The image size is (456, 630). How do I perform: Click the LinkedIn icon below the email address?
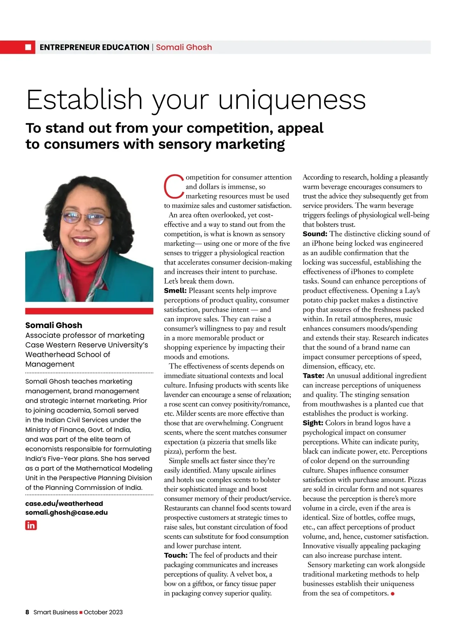pyautogui.click(x=31, y=525)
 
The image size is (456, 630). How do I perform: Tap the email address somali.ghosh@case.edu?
pyautogui.click(x=66, y=513)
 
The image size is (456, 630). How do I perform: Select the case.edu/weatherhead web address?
pyautogui.click(x=64, y=503)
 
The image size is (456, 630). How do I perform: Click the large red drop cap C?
pyautogui.click(x=174, y=187)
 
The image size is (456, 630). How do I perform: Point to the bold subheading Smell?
pyautogui.click(x=175, y=291)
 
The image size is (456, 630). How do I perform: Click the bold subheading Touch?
pyautogui.click(x=176, y=555)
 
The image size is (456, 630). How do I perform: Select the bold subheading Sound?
pyautogui.click(x=315, y=234)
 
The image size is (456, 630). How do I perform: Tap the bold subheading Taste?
pyautogui.click(x=313, y=376)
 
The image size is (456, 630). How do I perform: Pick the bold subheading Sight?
pyautogui.click(x=313, y=423)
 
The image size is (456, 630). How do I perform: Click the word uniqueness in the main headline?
pyautogui.click(x=292, y=100)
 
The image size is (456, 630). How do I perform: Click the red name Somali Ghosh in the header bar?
pyautogui.click(x=184, y=48)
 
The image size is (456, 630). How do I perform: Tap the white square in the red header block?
pyautogui.click(x=28, y=47)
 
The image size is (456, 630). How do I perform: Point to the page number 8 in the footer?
pyautogui.click(x=27, y=612)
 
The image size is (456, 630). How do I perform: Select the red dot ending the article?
pyautogui.click(x=393, y=594)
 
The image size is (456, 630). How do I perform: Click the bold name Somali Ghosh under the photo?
pyautogui.click(x=54, y=325)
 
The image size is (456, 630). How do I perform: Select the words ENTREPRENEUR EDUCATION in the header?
pyautogui.click(x=94, y=48)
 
